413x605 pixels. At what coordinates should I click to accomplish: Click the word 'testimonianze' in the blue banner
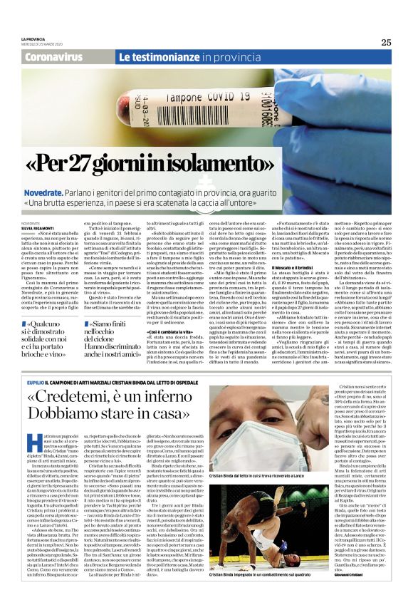tap(168, 56)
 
